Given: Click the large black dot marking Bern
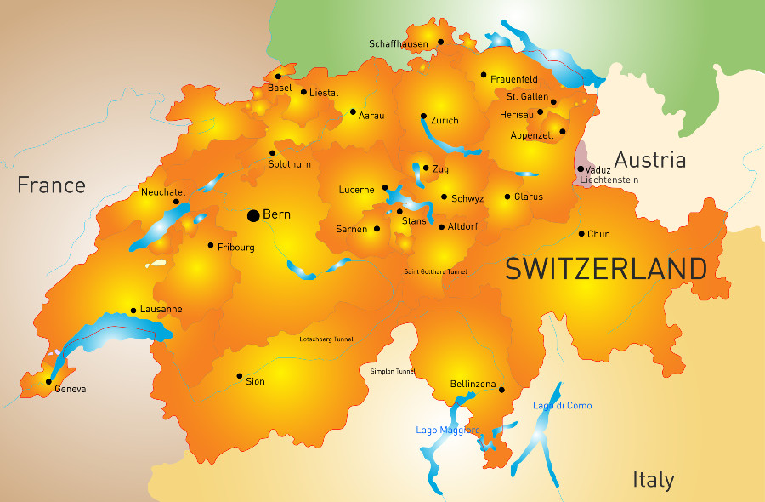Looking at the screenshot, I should pyautogui.click(x=253, y=215).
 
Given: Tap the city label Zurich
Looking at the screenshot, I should pyautogui.click(x=445, y=121).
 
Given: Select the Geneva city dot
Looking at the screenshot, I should pyautogui.click(x=48, y=381).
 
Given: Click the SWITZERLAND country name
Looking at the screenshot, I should pyautogui.click(x=606, y=269).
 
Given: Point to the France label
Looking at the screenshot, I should pyautogui.click(x=52, y=185).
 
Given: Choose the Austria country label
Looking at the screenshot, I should pyautogui.click(x=649, y=159).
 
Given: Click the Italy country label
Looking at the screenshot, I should pyautogui.click(x=653, y=479).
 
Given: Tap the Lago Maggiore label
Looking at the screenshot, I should pyautogui.click(x=448, y=431).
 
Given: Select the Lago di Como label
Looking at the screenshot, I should pyautogui.click(x=562, y=406).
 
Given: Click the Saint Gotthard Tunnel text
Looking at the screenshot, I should pyautogui.click(x=434, y=271).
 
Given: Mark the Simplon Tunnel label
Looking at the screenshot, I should pyautogui.click(x=393, y=372).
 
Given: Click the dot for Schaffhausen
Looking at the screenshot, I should pyautogui.click(x=440, y=42).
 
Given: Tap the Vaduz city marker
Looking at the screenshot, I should pyautogui.click(x=581, y=168).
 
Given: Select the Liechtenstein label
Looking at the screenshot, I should pyautogui.click(x=609, y=180).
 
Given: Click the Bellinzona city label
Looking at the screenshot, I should pyautogui.click(x=473, y=385).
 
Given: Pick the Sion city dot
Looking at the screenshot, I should pyautogui.click(x=240, y=375).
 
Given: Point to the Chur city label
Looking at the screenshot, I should pyautogui.click(x=598, y=234).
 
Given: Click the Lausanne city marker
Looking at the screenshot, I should pyautogui.click(x=133, y=311).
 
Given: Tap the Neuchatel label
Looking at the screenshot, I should pyautogui.click(x=163, y=192).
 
